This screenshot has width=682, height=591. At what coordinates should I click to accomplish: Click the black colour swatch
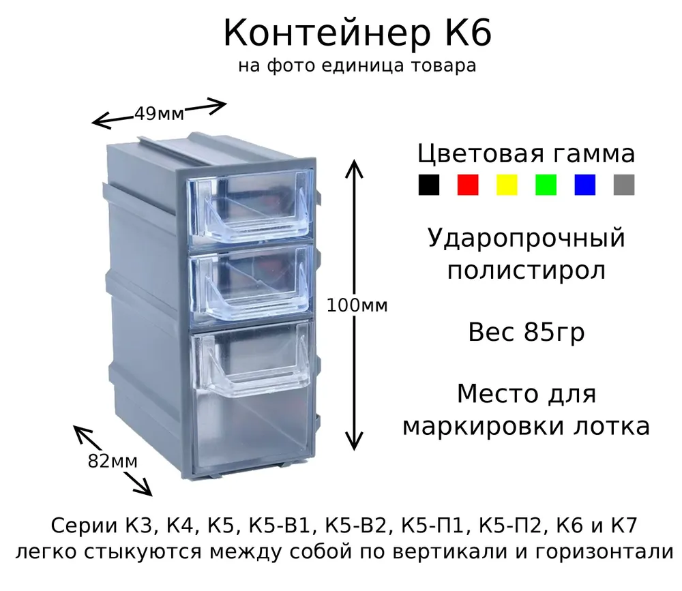pos(429,185)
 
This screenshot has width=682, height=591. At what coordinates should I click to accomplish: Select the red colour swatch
pos(468,185)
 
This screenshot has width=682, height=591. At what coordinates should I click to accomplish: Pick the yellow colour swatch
pos(507,185)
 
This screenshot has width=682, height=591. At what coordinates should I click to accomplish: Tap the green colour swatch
pos(546,185)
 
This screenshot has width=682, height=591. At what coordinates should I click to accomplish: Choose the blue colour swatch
pos(584,185)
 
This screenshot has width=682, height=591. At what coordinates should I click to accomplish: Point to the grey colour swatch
pos(624,185)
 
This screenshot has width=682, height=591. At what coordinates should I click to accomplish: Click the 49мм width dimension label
pos(159,114)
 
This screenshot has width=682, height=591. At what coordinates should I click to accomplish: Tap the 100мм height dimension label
pos(357,305)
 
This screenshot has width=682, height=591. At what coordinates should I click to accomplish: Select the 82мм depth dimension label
pos(113,461)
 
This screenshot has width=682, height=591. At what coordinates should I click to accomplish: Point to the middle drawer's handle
pos(253,300)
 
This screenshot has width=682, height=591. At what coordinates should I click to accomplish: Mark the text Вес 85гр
pos(527,333)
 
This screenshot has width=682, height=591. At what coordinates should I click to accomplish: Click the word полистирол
pos(527,271)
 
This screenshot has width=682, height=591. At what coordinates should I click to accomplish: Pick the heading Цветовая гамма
pos(527,154)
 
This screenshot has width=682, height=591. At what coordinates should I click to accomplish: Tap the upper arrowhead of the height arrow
pos(354,168)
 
